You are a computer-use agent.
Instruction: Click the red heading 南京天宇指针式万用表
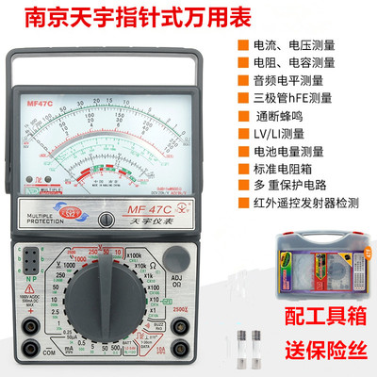tap(128, 18)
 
